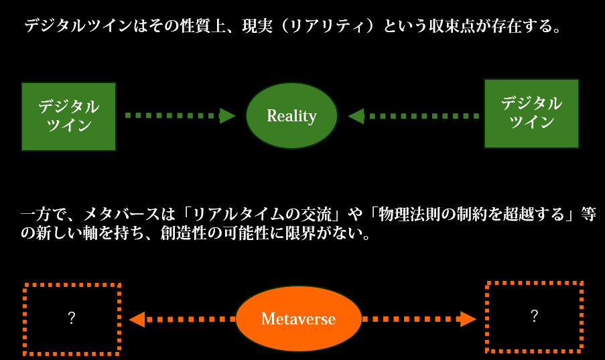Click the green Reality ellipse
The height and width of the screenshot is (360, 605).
[291, 115]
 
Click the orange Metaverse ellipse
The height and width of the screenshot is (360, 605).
[298, 318]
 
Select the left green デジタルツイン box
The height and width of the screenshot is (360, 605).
[69, 116]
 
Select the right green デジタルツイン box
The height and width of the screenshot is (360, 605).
[531, 113]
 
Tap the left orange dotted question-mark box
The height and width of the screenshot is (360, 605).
[24, 319]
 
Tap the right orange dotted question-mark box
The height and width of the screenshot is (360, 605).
[487, 317]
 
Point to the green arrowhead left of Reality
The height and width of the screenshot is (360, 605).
[227, 115]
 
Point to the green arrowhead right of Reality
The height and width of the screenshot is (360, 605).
[356, 116]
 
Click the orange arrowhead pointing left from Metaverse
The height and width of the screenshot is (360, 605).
[137, 320]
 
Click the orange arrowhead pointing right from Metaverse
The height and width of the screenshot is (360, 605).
[468, 319]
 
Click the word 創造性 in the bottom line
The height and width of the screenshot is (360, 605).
[184, 233]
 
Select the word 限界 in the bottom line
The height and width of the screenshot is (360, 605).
[300, 233]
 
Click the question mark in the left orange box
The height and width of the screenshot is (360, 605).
[72, 318]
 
